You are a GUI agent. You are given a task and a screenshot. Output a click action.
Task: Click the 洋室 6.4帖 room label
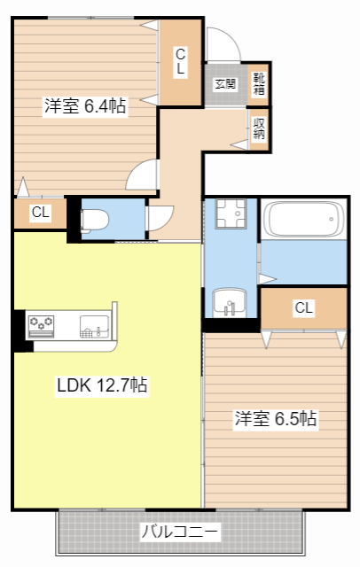tap(85, 106)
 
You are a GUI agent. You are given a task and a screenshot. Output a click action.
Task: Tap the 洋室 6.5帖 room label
tap(276, 419)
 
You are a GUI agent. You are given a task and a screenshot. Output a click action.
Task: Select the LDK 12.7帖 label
tap(103, 386)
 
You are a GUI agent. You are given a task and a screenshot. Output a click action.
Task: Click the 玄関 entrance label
tap(225, 85)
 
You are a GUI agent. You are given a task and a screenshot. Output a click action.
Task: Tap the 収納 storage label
tap(259, 128)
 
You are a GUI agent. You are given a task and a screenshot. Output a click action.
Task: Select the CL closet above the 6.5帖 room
tap(304, 308)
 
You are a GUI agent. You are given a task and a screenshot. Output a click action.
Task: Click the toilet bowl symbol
tap(94, 220)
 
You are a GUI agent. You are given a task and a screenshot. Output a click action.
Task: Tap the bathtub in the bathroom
tap(304, 219)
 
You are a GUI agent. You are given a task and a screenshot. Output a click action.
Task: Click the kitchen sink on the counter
tap(93, 326)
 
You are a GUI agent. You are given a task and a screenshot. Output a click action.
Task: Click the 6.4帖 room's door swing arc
tap(142, 177)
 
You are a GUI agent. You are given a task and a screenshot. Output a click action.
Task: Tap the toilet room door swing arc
tap(161, 218)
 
